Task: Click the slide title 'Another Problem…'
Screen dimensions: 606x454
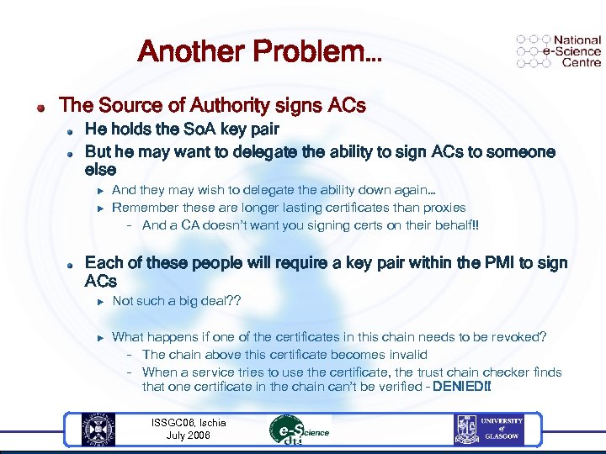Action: pos(259,51)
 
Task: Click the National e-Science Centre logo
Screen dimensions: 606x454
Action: pos(559,50)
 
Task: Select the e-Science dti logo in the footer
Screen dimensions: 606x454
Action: pos(299,430)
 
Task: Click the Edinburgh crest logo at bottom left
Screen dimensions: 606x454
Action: pos(98,430)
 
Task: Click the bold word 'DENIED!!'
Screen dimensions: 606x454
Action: pos(461,387)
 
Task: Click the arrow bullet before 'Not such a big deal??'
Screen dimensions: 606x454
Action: pos(98,301)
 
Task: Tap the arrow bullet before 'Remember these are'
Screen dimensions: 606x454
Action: pos(98,207)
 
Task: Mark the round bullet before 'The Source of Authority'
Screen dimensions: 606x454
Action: pos(40,108)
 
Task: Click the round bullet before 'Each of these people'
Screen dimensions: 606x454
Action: pos(72,264)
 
